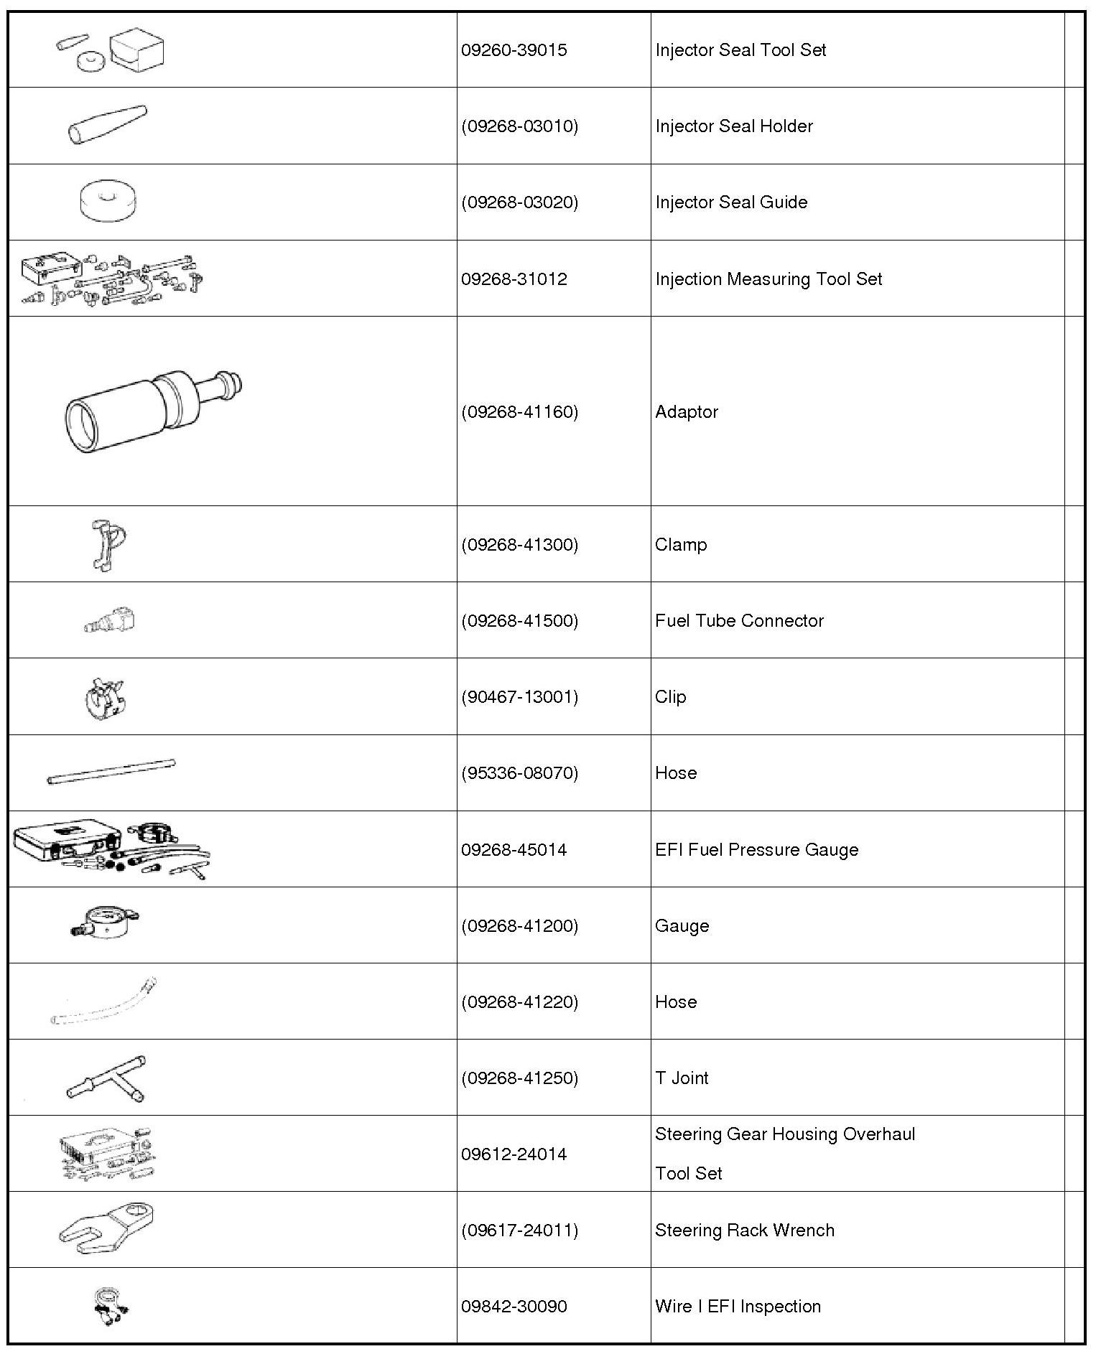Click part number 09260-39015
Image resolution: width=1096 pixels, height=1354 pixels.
click(x=514, y=50)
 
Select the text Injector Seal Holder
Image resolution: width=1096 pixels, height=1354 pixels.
click(x=733, y=126)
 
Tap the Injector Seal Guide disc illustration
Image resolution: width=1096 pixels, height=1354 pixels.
click(x=108, y=200)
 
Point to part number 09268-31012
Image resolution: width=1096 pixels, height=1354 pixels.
click(x=514, y=279)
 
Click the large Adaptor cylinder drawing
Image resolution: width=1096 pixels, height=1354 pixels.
click(x=151, y=411)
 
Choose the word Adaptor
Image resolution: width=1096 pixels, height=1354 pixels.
click(x=686, y=412)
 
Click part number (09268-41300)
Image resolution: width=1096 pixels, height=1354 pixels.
click(x=519, y=545)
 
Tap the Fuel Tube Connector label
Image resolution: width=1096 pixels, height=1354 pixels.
click(x=739, y=621)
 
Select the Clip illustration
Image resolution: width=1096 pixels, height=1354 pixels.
click(x=105, y=696)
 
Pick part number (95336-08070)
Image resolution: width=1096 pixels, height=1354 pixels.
click(x=519, y=773)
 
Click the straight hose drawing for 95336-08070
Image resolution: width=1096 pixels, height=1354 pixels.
click(x=111, y=772)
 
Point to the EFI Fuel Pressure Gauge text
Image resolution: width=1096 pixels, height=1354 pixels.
click(x=756, y=850)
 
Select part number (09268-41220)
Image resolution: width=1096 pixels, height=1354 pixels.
click(x=519, y=1002)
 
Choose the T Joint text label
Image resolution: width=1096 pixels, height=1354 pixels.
click(x=682, y=1078)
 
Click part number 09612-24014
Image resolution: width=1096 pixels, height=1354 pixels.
click(x=514, y=1154)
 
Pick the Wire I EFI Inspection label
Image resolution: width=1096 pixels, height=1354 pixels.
click(x=738, y=1307)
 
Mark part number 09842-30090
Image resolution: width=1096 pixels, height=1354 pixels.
click(x=514, y=1307)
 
